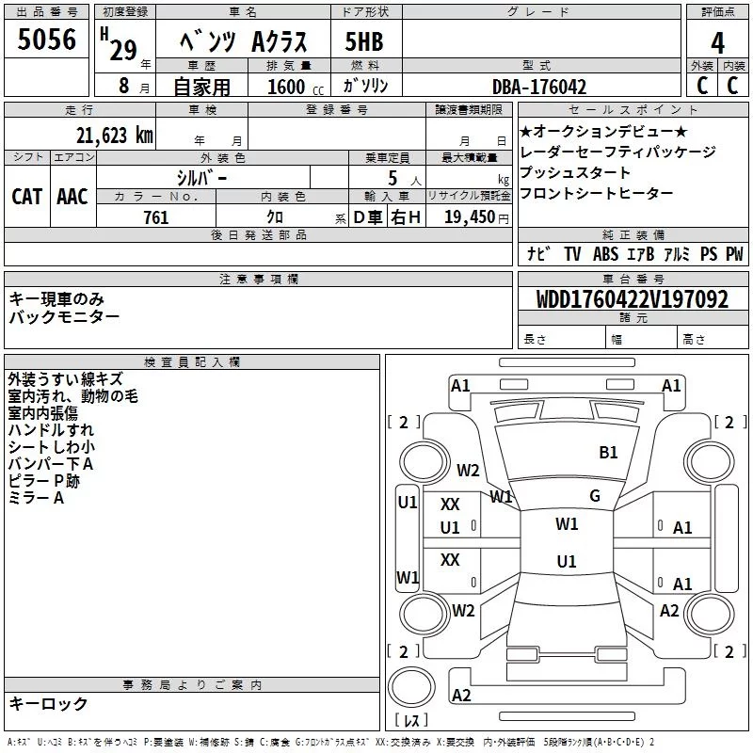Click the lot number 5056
pos(46,40)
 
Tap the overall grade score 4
pos(717,43)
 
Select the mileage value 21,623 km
pos(114,136)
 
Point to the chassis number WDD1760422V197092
pos(632,298)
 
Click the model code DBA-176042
pos(539,87)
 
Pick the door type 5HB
pos(364,41)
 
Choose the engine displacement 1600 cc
pos(296,87)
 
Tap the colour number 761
pos(156,217)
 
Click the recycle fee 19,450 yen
pos(476,217)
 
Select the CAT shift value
pos(27,197)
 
